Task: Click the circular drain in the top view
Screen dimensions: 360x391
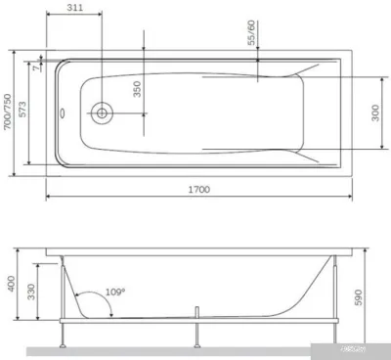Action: (102, 112)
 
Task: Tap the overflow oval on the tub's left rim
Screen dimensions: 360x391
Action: (61, 112)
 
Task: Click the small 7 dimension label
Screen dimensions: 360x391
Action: (35, 67)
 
